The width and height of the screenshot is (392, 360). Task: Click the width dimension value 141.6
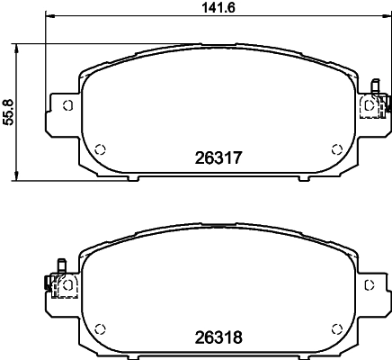point(218,7)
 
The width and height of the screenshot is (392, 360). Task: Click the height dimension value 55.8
point(8,112)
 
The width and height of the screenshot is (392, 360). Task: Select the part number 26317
point(218,157)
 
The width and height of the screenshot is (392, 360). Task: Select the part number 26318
point(218,337)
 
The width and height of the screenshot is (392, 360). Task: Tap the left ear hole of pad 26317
point(68,105)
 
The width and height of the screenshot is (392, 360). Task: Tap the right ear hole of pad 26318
point(370,284)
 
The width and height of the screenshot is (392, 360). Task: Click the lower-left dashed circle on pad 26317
point(100,149)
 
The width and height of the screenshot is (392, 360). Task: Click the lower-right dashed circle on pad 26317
point(337,149)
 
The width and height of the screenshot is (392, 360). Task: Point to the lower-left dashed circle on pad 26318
point(100,328)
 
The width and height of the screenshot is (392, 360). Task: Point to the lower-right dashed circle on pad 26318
point(337,328)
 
